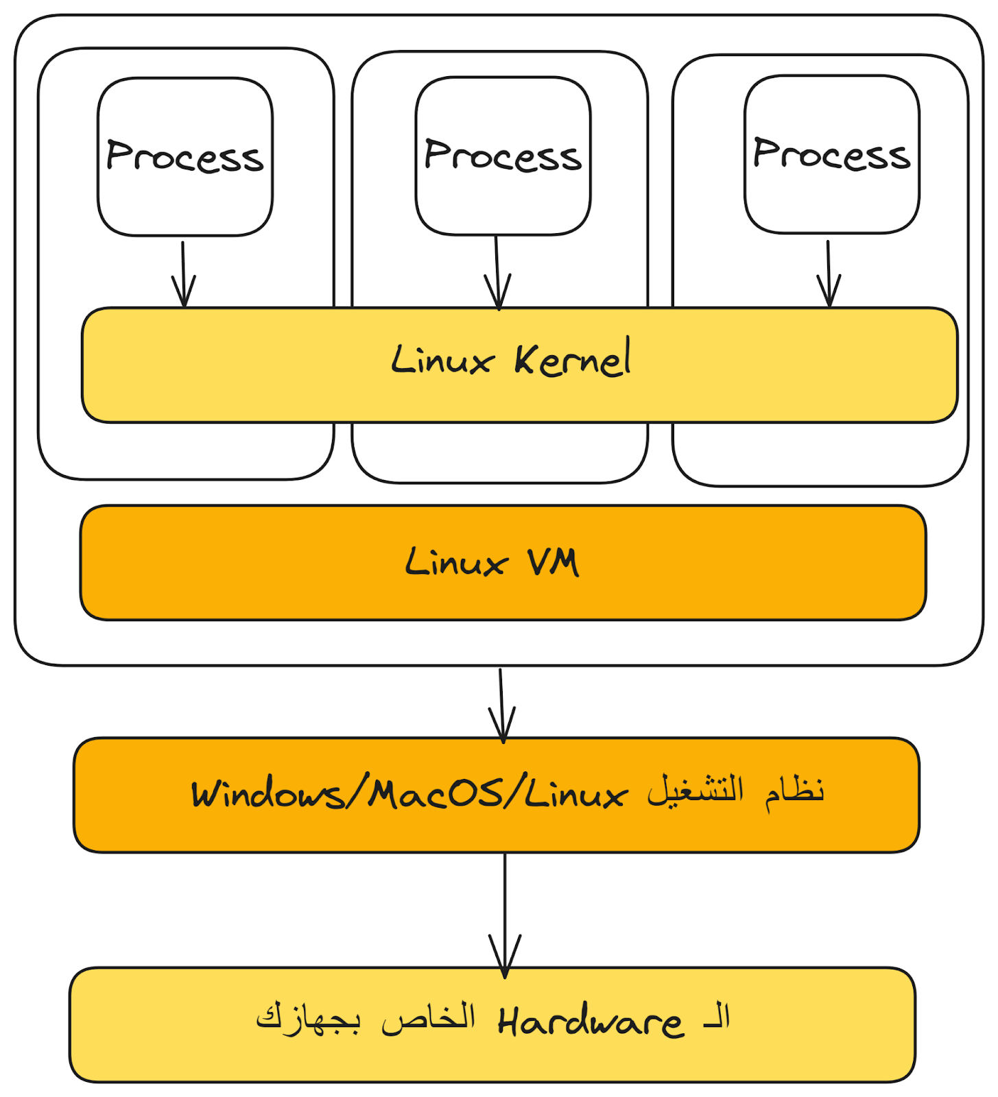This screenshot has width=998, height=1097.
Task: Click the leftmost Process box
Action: [x=185, y=157]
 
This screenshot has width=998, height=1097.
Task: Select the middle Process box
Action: [x=503, y=156]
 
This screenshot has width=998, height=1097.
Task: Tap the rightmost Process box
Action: [x=831, y=155]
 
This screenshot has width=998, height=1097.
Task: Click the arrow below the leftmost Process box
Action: [x=183, y=274]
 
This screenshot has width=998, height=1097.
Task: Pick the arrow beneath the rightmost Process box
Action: [x=829, y=274]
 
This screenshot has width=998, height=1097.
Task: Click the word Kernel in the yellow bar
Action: [x=573, y=359]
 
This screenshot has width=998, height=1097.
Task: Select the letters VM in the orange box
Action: [x=553, y=563]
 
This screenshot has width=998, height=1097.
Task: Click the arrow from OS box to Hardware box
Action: [x=505, y=915]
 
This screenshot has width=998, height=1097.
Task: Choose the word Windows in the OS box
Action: [x=268, y=795]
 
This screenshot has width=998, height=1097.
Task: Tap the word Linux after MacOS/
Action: [x=575, y=795]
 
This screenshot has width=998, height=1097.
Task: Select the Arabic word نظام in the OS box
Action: [x=794, y=791]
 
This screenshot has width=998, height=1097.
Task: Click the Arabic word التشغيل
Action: [x=696, y=791]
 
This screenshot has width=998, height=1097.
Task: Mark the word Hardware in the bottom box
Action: [x=591, y=1022]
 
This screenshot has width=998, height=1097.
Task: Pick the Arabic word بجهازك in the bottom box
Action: [x=308, y=1017]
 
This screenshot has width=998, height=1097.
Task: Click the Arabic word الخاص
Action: [x=429, y=1017]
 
